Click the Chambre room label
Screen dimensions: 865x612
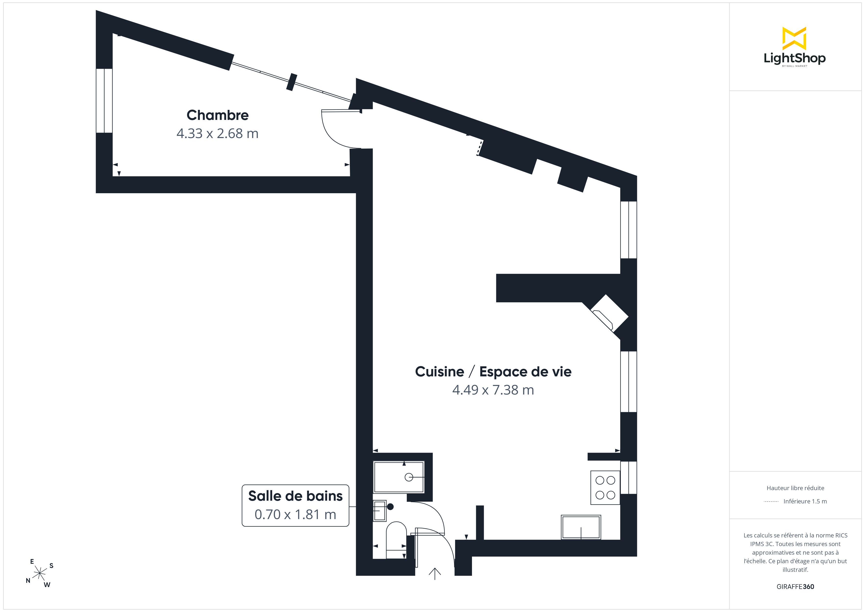pyautogui.click(x=217, y=115)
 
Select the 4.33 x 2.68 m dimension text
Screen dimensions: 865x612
pyautogui.click(x=217, y=133)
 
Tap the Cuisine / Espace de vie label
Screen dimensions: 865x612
pyautogui.click(x=493, y=371)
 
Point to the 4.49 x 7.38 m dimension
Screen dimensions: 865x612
pyautogui.click(x=493, y=390)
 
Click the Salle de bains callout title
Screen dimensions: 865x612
pyautogui.click(x=295, y=496)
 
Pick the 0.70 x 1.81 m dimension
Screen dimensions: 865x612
pyautogui.click(x=295, y=514)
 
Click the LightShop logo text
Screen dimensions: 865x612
pyautogui.click(x=795, y=58)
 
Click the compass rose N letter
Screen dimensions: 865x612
pyautogui.click(x=28, y=581)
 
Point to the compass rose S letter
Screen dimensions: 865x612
pyautogui.click(x=52, y=566)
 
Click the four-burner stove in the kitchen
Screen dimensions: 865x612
pyautogui.click(x=605, y=488)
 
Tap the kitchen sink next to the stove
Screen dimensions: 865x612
pyautogui.click(x=581, y=527)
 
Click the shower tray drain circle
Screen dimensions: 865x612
pyautogui.click(x=408, y=477)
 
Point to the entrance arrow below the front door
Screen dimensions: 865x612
pyautogui.click(x=435, y=574)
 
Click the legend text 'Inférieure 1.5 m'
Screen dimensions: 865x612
pyautogui.click(x=805, y=501)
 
